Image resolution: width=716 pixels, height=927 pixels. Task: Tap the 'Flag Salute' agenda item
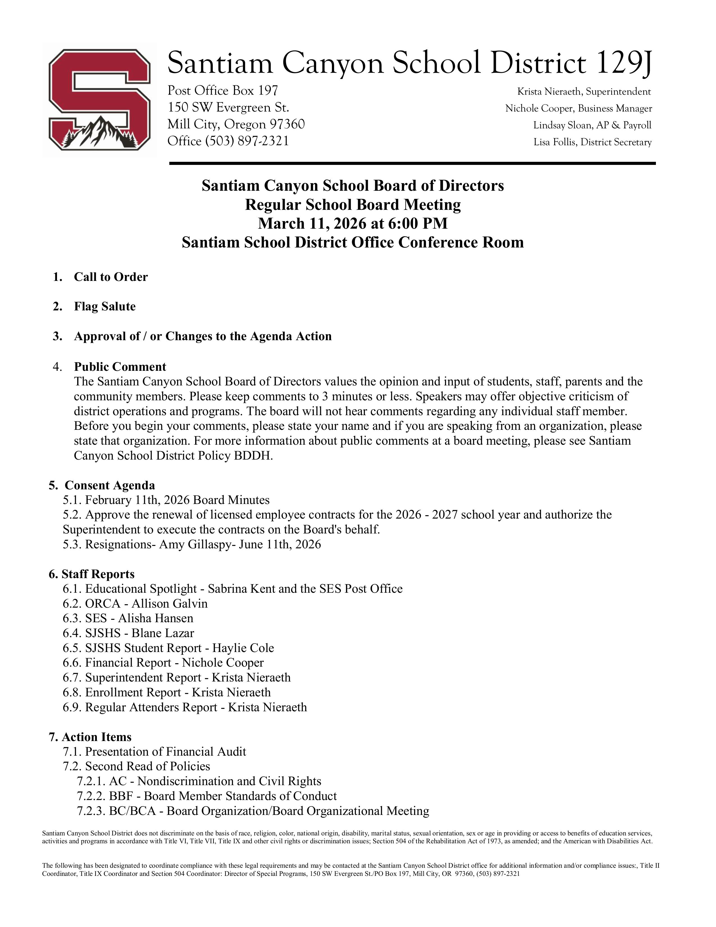click(x=105, y=307)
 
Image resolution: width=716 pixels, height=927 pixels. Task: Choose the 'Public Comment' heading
click(x=120, y=367)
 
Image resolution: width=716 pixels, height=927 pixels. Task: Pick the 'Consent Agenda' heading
click(x=110, y=485)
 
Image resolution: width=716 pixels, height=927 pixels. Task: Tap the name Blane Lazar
click(x=163, y=633)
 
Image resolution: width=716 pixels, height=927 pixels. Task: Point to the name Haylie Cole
click(x=243, y=648)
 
